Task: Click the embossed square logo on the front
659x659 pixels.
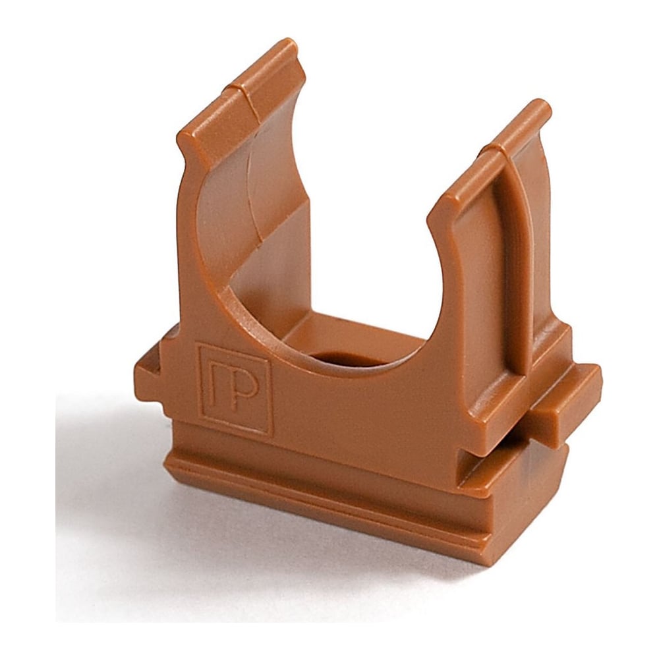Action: coord(234,388)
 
